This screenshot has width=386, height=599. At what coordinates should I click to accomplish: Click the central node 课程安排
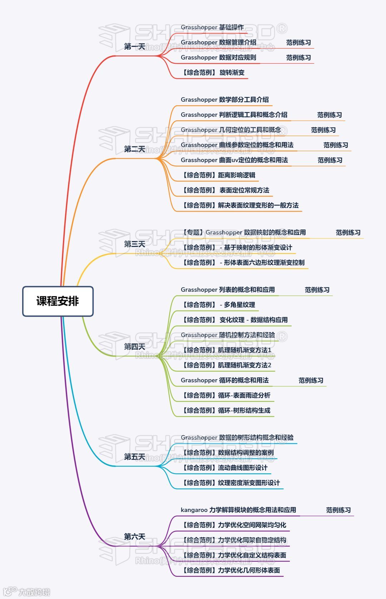pyautogui.click(x=58, y=301)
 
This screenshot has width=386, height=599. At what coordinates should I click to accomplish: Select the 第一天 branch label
pyautogui.click(x=134, y=47)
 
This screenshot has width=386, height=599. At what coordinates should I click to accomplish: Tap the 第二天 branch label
pyautogui.click(x=134, y=149)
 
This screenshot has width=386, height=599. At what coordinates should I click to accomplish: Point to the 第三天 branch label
pyautogui.click(x=134, y=244)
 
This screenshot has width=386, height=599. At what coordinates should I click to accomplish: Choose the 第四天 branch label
pyautogui.click(x=134, y=347)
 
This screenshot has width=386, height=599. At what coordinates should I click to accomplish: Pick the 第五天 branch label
pyautogui.click(x=134, y=457)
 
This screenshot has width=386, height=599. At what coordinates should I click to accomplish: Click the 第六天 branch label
pyautogui.click(x=134, y=537)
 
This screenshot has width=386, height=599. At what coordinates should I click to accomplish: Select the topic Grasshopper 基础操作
pyautogui.click(x=212, y=27)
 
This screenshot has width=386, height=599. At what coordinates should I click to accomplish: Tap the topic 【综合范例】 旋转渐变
pyautogui.click(x=214, y=73)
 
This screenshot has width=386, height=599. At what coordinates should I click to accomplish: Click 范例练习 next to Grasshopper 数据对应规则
pyautogui.click(x=298, y=58)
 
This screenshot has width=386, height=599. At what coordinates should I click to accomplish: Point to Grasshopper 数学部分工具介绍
pyautogui.click(x=224, y=100)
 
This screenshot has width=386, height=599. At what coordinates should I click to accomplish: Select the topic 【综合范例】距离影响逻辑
pyautogui.click(x=218, y=175)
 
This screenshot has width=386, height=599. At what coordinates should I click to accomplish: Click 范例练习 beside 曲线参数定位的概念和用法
pyautogui.click(x=336, y=145)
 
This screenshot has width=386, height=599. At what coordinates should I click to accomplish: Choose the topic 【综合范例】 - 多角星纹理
pyautogui.click(x=218, y=305)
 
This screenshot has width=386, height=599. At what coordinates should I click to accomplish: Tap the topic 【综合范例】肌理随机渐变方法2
pyautogui.click(x=227, y=365)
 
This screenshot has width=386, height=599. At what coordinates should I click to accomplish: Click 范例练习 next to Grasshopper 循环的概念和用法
pyautogui.click(x=311, y=380)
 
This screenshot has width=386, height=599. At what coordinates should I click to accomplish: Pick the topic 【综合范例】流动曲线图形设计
pyautogui.click(x=224, y=468)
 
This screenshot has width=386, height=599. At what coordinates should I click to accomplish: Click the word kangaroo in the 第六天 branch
pyautogui.click(x=194, y=510)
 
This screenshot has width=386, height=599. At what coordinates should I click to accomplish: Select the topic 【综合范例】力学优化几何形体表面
pyautogui.click(x=231, y=570)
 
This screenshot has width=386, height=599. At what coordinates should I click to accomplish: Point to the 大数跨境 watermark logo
pyautogui.click(x=27, y=591)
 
